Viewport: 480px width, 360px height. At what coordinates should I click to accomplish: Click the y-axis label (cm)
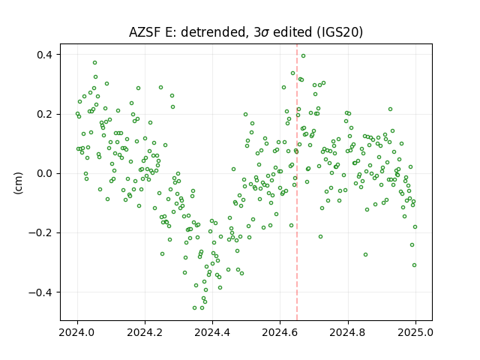coord(18,183)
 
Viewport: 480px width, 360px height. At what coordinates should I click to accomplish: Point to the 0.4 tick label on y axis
coord(45,55)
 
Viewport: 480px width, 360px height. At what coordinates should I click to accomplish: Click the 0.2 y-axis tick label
coord(45,114)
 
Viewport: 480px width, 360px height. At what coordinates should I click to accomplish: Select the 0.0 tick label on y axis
coord(45,173)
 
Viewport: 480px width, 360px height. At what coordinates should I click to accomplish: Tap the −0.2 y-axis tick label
coord(40,233)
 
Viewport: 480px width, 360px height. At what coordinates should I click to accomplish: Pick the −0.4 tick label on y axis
coord(40,292)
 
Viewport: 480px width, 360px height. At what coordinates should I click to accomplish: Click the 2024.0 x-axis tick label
coord(77,332)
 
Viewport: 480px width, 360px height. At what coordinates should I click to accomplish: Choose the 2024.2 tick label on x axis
coord(145,332)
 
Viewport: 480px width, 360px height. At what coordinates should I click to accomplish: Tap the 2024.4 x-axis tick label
coord(212,332)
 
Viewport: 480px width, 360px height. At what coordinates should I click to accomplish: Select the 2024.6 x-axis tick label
coord(280,332)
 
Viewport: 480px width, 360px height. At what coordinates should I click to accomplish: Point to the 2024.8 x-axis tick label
coord(348,332)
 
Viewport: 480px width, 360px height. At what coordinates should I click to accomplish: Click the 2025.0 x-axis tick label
coord(415,332)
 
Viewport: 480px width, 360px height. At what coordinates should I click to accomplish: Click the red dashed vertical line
coord(297,182)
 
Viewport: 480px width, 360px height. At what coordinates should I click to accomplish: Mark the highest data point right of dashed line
coord(303,56)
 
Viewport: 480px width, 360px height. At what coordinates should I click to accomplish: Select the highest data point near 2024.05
coord(95,63)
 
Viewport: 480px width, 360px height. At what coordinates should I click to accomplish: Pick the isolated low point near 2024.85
coord(365,255)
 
